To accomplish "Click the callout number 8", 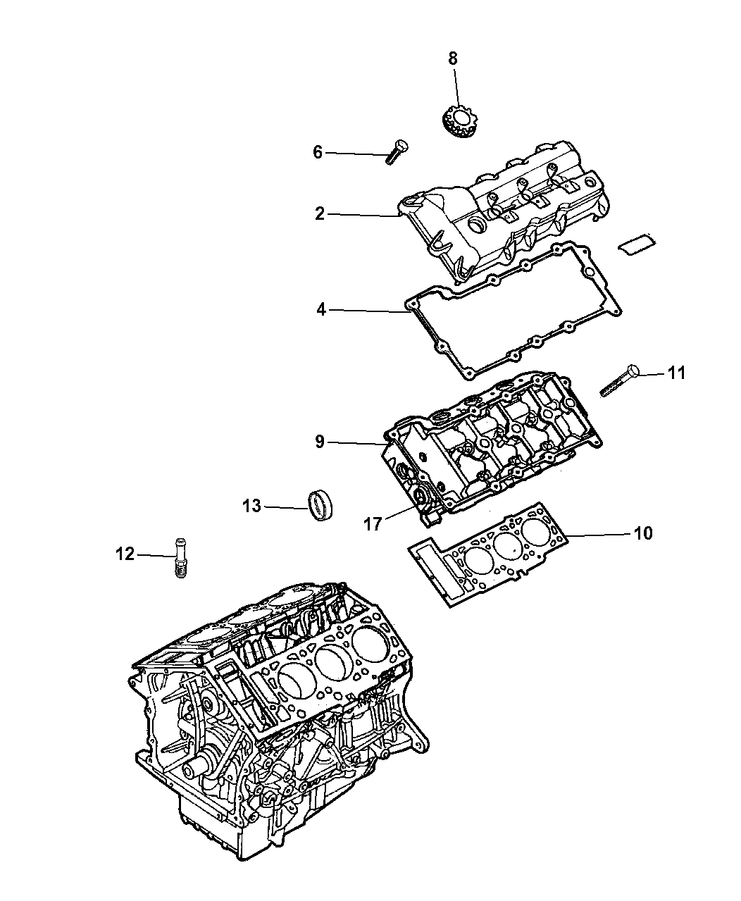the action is click(453, 58).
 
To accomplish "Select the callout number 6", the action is click(318, 152).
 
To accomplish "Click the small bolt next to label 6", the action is click(397, 151).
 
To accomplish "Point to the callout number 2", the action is click(320, 213).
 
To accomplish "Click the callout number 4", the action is click(321, 309).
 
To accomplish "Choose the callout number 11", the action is click(676, 373).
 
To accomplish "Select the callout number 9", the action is click(320, 441).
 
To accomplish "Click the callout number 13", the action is click(251, 507).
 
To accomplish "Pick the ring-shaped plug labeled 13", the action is click(322, 505).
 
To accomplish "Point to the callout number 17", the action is click(373, 524).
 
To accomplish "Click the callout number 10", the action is click(643, 533).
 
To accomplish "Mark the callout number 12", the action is click(125, 554).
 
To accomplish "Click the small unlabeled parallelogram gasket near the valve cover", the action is click(637, 244).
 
